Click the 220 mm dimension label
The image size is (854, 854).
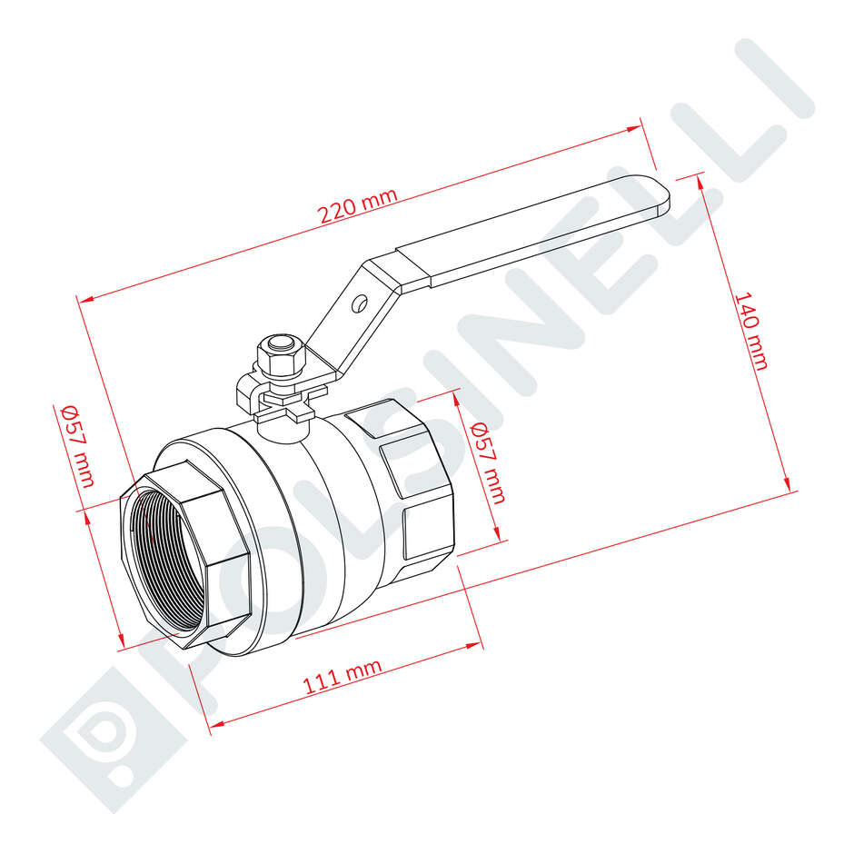click(358, 205)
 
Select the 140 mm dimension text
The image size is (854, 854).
click(752, 331)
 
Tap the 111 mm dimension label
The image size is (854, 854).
click(343, 676)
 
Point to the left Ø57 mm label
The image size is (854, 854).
click(78, 445)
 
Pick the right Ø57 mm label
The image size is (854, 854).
click(488, 462)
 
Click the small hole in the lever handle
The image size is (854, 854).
click(360, 304)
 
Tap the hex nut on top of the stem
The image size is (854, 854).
click(281, 356)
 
